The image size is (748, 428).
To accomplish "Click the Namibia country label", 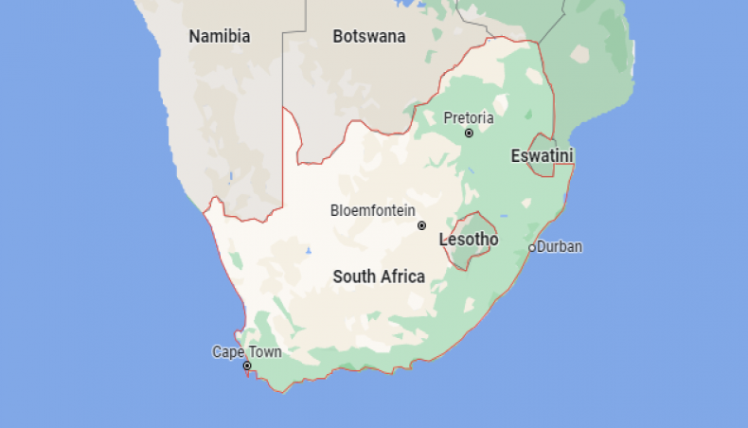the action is (220, 37).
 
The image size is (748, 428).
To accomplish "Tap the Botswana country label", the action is (369, 37).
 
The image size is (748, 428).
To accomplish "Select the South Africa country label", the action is (379, 276).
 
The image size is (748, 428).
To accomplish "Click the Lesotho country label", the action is (469, 240).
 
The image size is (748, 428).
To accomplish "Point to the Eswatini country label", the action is (543, 155).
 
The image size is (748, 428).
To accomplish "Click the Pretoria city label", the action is (469, 118).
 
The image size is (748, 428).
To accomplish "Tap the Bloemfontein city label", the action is (372, 210).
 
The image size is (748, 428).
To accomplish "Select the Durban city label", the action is (560, 247).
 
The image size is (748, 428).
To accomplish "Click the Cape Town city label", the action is (246, 352).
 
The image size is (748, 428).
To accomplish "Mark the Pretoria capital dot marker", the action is (469, 134).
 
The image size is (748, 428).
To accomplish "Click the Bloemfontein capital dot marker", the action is (422, 225).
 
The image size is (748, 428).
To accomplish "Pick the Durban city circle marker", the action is (532, 248).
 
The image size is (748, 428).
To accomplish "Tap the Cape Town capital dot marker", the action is (247, 366).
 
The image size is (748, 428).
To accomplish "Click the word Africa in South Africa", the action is (402, 276).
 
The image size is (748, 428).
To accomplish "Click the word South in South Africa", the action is (354, 276).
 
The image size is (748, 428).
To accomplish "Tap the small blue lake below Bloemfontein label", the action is (310, 252).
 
